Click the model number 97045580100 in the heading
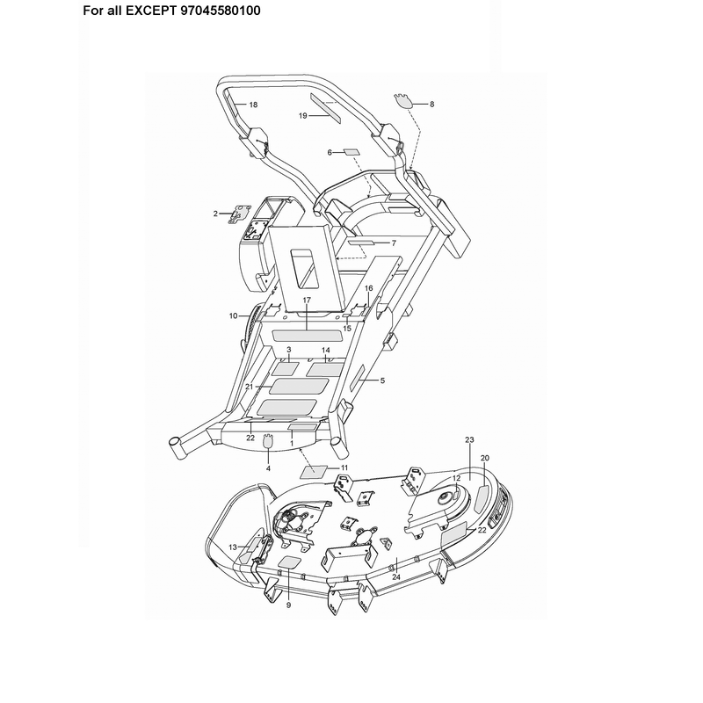pos(221,11)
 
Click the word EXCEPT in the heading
pos(151,11)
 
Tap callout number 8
pos(431,104)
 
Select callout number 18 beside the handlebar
pos(253,105)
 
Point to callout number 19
pos(303,116)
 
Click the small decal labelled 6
pos(351,151)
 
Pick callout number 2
pos(215,214)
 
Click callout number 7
pos(394,243)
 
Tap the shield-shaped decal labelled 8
pos(403,101)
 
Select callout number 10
pos(233,316)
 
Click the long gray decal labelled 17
pos(307,336)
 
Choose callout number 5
pos(382,380)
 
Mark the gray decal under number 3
pos(285,369)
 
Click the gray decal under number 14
pos(324,369)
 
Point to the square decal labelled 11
pos(315,472)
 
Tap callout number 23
pos(469,440)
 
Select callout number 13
pos(233,547)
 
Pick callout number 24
pos(396,577)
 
